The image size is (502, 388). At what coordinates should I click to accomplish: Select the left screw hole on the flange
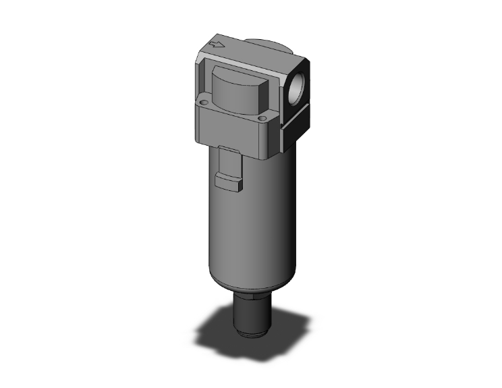click(x=202, y=101)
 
